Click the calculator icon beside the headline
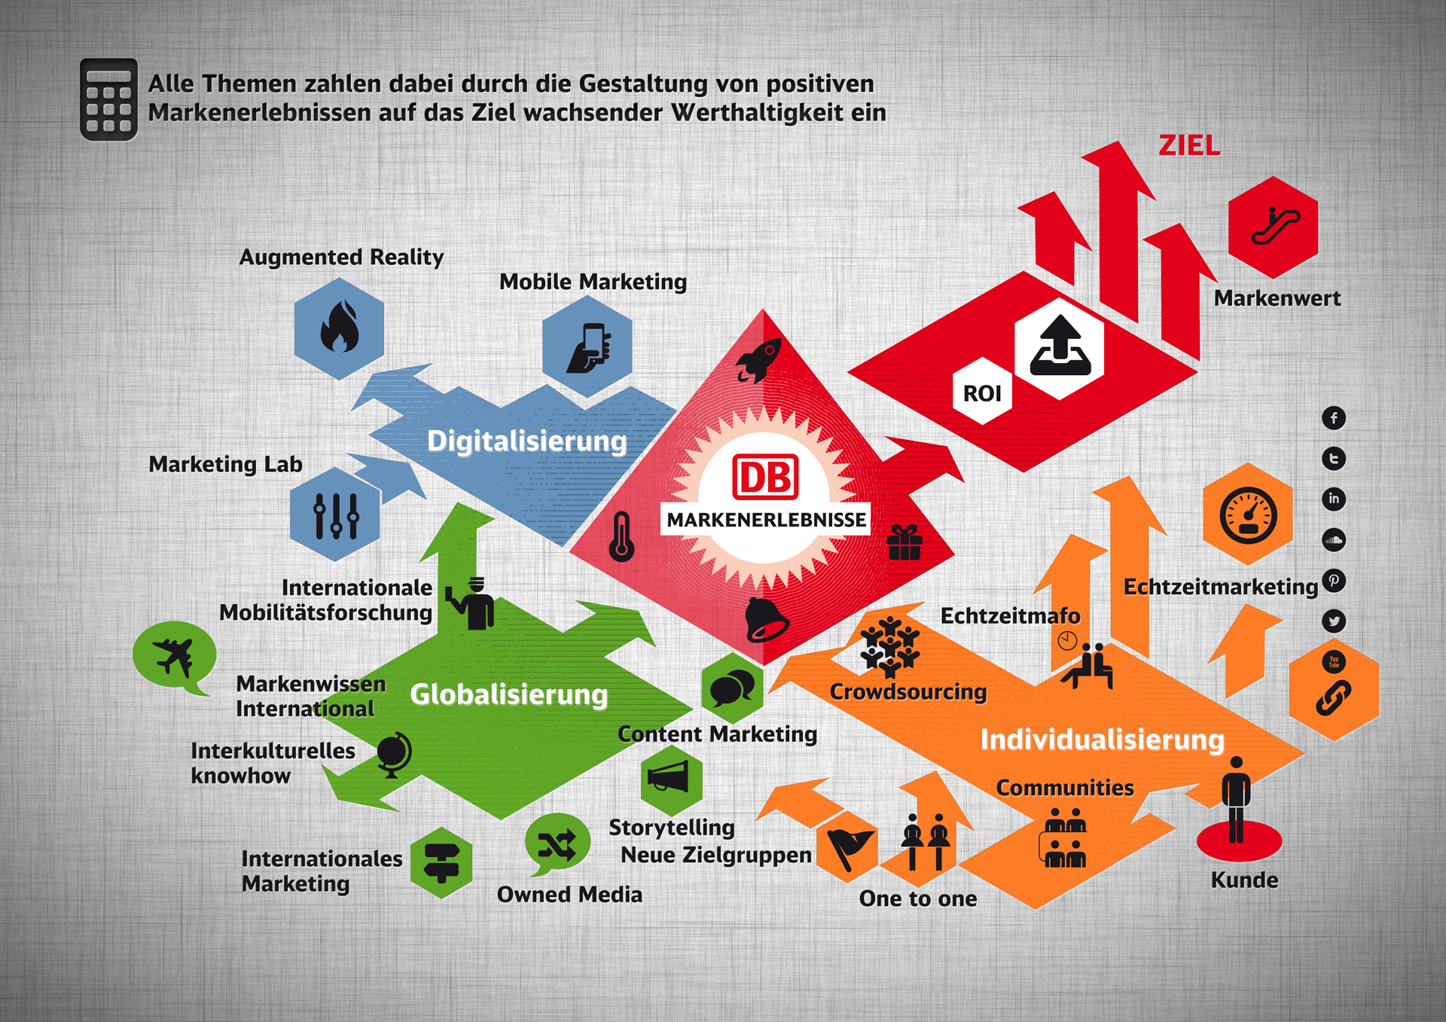[108, 99]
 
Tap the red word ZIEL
[1189, 145]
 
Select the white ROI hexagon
[982, 392]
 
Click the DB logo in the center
[765, 477]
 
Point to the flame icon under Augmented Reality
[339, 328]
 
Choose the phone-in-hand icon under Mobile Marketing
[589, 347]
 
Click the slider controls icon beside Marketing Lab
[336, 515]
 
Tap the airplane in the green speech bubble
[174, 655]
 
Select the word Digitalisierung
[526, 441]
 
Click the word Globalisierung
[508, 694]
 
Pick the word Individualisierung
[1102, 740]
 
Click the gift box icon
[905, 542]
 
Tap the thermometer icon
[621, 537]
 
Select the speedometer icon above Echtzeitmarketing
[1248, 516]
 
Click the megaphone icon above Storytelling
[670, 777]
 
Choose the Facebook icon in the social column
[1334, 418]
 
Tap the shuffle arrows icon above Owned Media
[557, 844]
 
